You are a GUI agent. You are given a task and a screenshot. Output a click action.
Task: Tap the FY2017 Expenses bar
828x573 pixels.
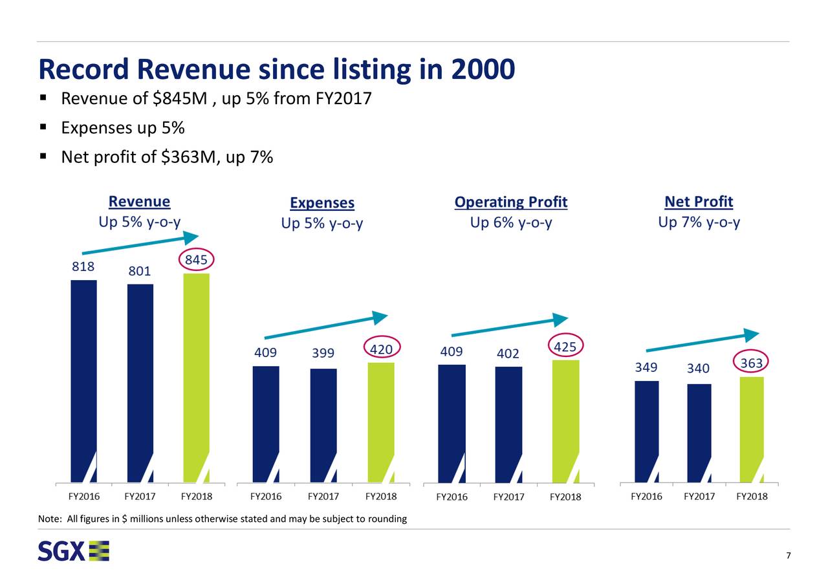coord(323,425)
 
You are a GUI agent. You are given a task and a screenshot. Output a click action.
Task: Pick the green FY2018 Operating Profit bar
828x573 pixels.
coord(566,420)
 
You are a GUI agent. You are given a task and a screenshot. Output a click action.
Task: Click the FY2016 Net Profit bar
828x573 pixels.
coord(647,431)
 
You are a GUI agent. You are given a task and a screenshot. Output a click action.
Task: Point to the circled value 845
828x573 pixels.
coord(196,260)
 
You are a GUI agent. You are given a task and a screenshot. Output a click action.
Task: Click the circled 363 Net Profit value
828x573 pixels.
coord(751,363)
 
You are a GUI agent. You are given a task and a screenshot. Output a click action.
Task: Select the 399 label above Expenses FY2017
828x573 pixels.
coord(322,354)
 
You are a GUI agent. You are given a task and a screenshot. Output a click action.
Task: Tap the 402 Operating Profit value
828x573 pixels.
coord(508,354)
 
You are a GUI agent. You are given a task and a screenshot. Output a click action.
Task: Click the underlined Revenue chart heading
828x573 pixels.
coord(139,202)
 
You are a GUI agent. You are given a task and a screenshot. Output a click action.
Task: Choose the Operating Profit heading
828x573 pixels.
coord(510,203)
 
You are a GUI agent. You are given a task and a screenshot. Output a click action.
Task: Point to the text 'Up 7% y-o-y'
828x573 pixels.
coord(699,223)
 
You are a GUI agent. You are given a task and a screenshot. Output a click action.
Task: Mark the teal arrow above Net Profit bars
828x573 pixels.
coord(702,343)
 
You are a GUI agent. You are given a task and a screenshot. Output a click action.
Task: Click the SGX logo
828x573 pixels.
coord(73,551)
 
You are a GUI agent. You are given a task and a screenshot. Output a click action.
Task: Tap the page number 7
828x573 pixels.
coord(789,557)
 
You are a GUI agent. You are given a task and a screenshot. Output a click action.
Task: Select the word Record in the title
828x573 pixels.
coord(84,69)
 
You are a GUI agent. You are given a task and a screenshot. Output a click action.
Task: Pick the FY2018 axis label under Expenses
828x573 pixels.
coord(381,497)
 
